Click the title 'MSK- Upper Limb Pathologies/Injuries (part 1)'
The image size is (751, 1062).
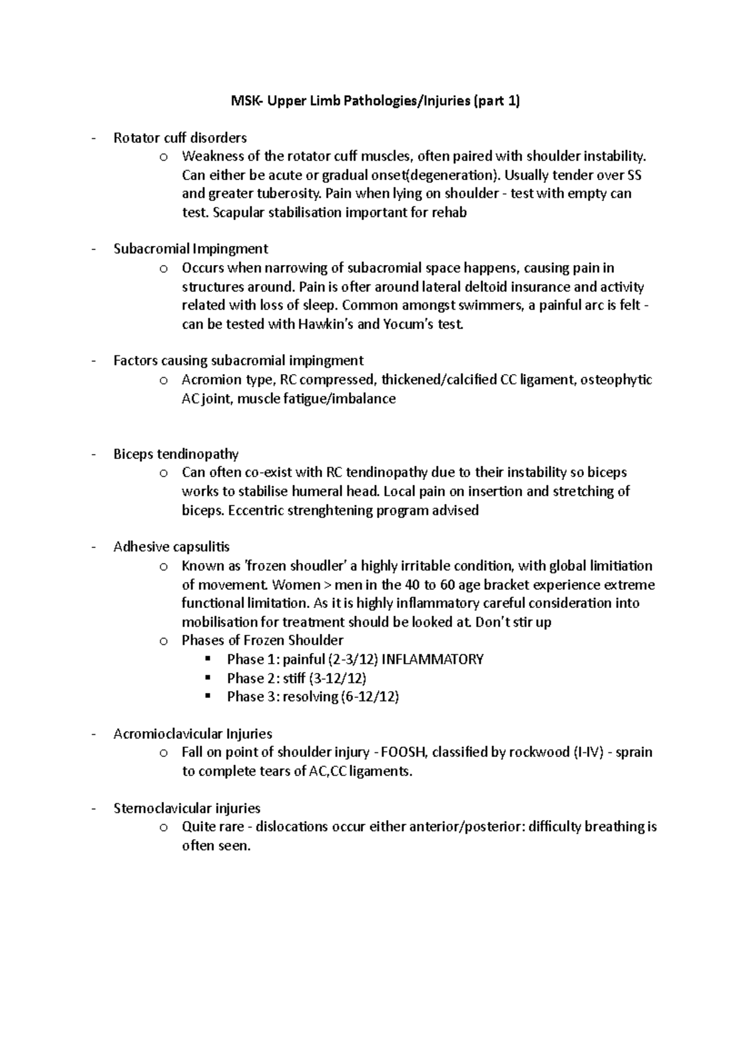[x=375, y=101]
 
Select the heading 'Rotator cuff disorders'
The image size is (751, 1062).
[x=180, y=138]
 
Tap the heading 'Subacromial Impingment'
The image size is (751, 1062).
[x=191, y=249]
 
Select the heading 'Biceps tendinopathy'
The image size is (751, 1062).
[x=176, y=453]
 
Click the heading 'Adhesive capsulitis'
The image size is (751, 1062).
[x=171, y=547]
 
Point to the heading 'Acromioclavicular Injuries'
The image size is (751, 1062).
[x=193, y=734]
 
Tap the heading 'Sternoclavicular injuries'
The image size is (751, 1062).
[x=187, y=808]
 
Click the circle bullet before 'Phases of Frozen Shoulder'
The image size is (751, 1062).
[x=164, y=641]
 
